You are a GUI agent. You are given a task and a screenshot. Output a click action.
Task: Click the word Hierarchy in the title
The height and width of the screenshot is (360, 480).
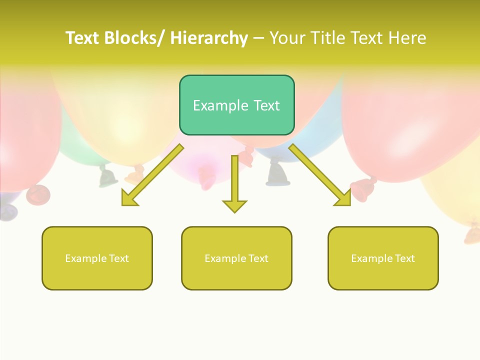point(208,38)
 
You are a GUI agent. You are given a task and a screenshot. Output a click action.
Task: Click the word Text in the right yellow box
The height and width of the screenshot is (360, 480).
point(404,258)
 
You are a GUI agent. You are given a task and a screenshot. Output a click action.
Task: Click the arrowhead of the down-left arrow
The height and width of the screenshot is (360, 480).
point(129,198)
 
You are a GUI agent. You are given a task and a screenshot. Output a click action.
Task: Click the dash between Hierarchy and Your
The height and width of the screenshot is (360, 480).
point(258,38)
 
